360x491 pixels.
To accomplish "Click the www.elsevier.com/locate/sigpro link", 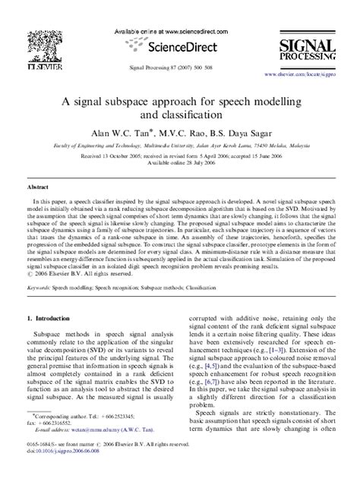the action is point(307,75).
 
